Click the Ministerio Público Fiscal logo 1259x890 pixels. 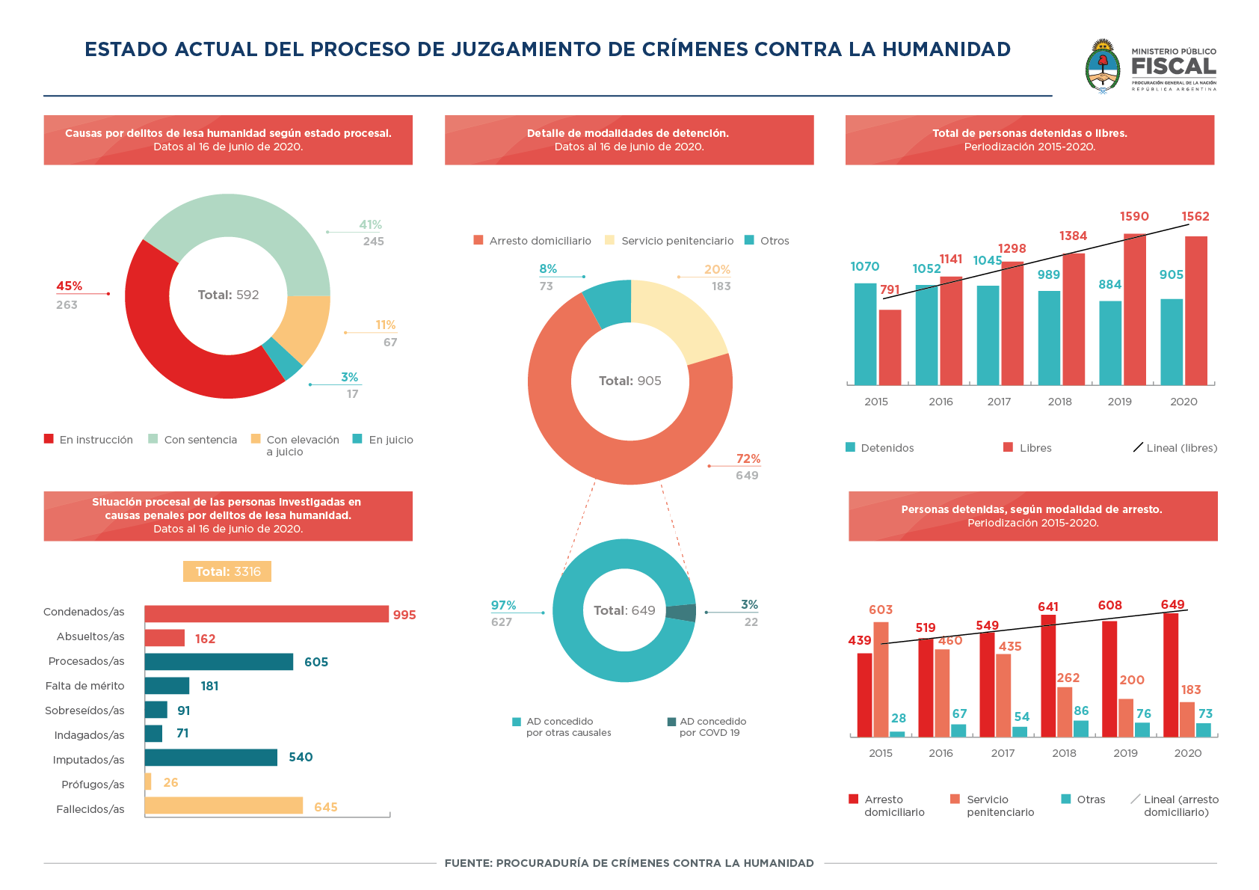pos(1150,66)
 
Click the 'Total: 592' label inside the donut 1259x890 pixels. pos(228,295)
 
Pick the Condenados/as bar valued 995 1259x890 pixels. pos(266,614)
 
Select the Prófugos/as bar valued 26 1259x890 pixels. pos(148,782)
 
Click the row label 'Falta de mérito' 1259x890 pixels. pos(84,686)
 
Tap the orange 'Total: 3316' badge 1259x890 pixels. pos(227,571)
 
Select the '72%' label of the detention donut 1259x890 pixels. pos(748,458)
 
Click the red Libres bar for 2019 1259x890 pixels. pos(1134,310)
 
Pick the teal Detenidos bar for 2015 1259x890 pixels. pos(865,334)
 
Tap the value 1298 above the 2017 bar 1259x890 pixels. pos(1012,248)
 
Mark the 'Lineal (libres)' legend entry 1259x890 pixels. pos(1175,448)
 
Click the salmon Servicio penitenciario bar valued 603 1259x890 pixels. pos(881,679)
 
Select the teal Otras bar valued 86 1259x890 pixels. pos(1081,728)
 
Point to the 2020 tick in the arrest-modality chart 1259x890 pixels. pos(1187,753)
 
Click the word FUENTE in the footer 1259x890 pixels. pos(467,863)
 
